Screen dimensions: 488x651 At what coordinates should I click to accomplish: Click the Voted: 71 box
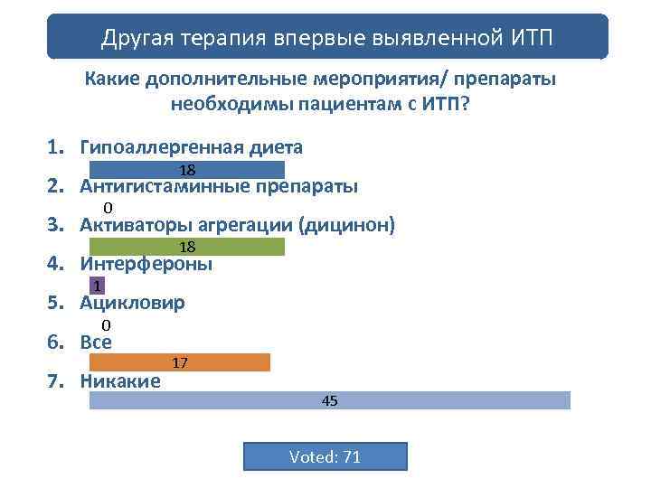tap(325, 456)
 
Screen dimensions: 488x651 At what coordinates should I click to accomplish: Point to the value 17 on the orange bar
tap(180, 362)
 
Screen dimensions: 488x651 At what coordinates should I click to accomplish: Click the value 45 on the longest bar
tap(330, 400)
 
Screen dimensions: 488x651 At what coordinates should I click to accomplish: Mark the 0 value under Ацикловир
tap(106, 324)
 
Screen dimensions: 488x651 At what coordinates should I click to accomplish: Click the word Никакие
tap(120, 380)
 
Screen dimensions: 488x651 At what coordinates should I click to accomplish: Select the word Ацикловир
tap(132, 303)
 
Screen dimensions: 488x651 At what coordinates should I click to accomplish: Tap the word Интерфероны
tap(146, 264)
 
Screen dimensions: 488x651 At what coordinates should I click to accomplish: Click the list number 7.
tap(53, 380)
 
